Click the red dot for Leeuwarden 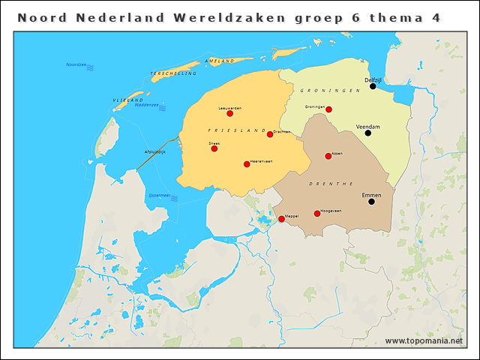click(x=230, y=113)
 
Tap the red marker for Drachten click(x=270, y=134)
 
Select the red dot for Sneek click(x=214, y=148)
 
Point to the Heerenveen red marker click(x=247, y=164)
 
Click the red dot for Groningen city click(x=328, y=109)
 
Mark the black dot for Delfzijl click(x=373, y=86)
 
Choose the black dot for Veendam click(x=368, y=133)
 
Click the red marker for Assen click(x=328, y=156)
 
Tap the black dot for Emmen click(x=371, y=201)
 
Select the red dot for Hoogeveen click(x=317, y=214)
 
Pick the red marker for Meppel click(x=281, y=219)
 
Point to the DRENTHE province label click(x=331, y=183)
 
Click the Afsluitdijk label click(x=154, y=152)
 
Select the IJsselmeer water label click(x=160, y=196)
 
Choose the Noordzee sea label click(x=76, y=64)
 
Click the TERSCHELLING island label click(x=173, y=73)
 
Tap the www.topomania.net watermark click(x=424, y=341)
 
